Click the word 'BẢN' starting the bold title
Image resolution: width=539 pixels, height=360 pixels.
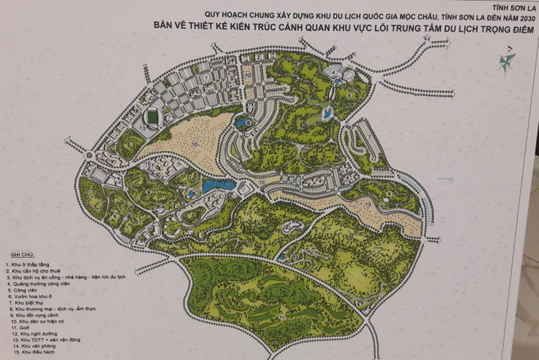point(163,26)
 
